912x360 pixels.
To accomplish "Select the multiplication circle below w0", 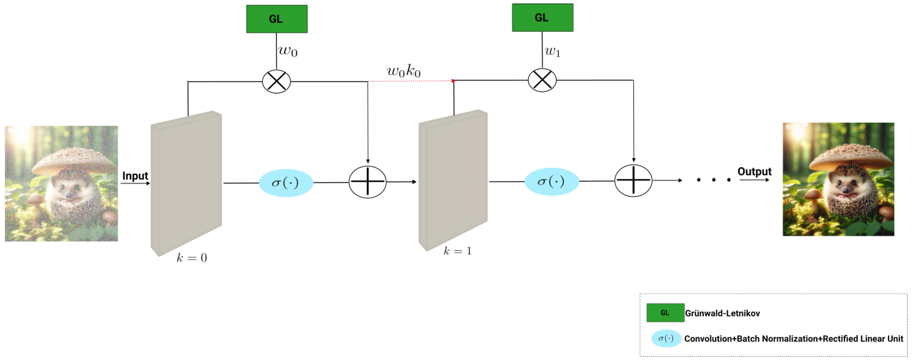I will pos(277,81).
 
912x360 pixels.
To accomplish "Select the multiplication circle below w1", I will pos(542,80).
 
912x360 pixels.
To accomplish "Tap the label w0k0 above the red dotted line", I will pos(404,71).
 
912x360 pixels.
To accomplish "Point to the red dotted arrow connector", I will pos(411,81).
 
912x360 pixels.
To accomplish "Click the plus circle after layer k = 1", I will pos(633,180).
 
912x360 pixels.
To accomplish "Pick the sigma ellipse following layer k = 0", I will pos(286,183).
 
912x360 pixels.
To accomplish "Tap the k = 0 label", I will pos(192,258).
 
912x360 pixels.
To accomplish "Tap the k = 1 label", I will pos(457,251).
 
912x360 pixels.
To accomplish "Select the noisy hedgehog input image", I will pos(61,183).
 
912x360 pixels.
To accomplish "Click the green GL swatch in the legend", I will pos(665,312).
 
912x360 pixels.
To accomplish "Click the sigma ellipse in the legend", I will pos(666,338).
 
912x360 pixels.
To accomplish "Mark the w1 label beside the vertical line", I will pos(552,52).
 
